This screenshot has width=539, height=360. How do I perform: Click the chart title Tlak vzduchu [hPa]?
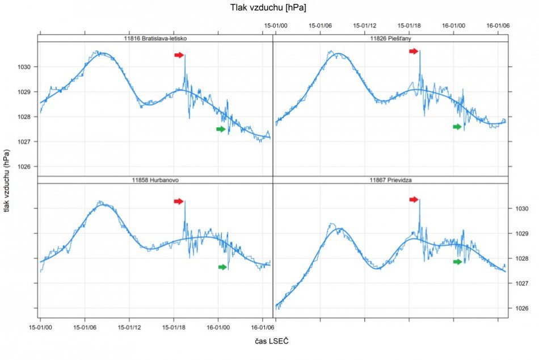pyautogui.click(x=268, y=7)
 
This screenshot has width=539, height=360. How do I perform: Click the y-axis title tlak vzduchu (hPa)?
pyautogui.click(x=7, y=179)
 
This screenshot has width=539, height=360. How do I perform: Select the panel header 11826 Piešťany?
pyautogui.click(x=390, y=39)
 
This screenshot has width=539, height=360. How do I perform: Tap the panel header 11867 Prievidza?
pyautogui.click(x=390, y=180)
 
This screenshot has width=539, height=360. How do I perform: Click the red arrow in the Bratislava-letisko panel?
pyautogui.click(x=179, y=55)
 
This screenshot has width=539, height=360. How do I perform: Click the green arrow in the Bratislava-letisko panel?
pyautogui.click(x=221, y=129)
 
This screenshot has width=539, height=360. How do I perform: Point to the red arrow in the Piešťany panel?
pyautogui.click(x=414, y=51)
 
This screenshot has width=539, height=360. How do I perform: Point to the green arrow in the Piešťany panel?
pyautogui.click(x=457, y=127)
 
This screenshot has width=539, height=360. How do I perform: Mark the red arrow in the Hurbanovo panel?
pyautogui.click(x=179, y=201)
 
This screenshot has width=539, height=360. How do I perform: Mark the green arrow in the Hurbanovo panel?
pyautogui.click(x=223, y=267)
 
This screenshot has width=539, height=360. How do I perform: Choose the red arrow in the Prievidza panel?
pyautogui.click(x=414, y=199)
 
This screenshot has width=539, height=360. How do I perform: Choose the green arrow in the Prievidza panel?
pyautogui.click(x=457, y=262)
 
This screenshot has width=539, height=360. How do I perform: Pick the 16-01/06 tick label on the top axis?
pyautogui.click(x=498, y=26)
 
